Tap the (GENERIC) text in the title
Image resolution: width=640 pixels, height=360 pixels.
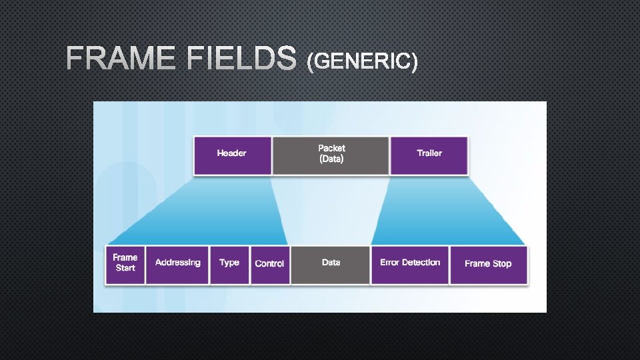coord(362,62)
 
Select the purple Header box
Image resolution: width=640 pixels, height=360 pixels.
coord(232,155)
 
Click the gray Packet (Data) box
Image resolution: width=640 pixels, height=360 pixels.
coord(331,155)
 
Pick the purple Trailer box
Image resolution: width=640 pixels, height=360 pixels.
coord(429,155)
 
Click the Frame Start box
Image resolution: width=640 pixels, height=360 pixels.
coord(125,264)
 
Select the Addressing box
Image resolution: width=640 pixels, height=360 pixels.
coord(177,264)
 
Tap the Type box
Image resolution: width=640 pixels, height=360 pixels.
coord(229,264)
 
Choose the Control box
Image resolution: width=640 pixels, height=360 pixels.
coord(270,264)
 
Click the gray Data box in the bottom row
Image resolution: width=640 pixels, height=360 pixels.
coord(331,264)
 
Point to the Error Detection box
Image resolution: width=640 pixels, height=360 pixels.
coord(410,264)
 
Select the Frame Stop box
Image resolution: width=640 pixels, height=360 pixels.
coord(488,264)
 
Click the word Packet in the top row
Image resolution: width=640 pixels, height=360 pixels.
coord(331,148)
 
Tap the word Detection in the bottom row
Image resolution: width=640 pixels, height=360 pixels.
coord(421,263)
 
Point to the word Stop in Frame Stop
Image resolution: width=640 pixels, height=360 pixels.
coord(502,264)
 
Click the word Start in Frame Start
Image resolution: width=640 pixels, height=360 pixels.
coord(125,268)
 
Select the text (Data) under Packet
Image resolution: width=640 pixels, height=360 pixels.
coord(331,159)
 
